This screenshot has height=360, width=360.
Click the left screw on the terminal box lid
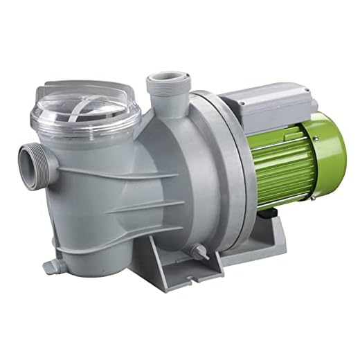point(245,102)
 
